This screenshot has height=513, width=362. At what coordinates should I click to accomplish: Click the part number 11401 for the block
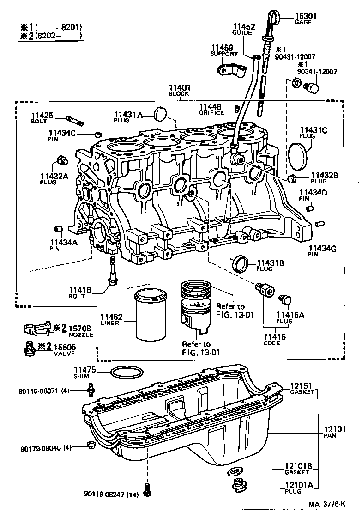179,87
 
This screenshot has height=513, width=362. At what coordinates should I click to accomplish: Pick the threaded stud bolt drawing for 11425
75,121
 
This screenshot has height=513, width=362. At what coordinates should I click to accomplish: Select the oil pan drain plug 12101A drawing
238,486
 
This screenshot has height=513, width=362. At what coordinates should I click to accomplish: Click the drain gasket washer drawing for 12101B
235,472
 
